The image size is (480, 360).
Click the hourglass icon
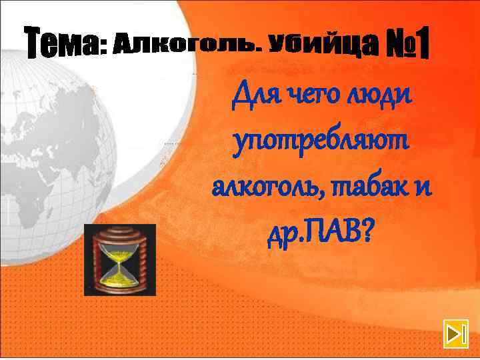120,259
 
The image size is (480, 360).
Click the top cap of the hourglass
120,231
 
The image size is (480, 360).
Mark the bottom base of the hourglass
120,286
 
